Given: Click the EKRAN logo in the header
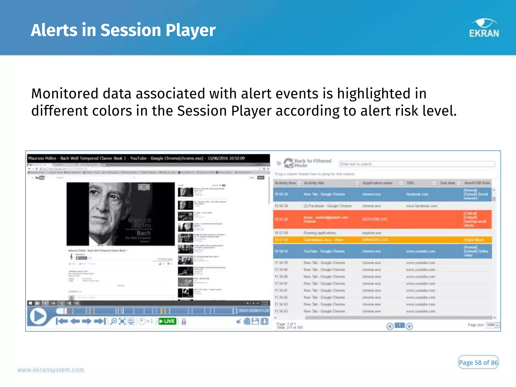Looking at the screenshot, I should pos(484,28).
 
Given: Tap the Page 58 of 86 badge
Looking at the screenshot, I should pos(478,363).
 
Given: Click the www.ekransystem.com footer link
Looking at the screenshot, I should pos(51,370).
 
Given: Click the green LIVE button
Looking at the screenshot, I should pos(167,321).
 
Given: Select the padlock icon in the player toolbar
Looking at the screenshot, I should pos(184,321).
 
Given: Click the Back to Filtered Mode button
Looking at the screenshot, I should pos(307,163).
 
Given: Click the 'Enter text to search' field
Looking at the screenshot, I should pos(417,164).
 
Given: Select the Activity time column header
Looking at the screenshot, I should pos(285,183).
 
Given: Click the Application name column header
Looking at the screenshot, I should pos(377,183).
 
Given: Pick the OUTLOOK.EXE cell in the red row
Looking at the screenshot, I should pos(375,219).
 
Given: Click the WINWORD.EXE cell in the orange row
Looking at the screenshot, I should pos(375,240).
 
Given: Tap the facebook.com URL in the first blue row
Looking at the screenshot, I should pos(417,194).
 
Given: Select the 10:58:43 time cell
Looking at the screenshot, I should pos(281,251).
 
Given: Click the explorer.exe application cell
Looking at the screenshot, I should pos(372,233).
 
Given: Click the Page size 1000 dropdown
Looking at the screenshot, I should pos(492,325).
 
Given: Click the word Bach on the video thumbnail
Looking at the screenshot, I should pos(143,233).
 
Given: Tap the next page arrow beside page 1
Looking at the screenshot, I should pos(409,327).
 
